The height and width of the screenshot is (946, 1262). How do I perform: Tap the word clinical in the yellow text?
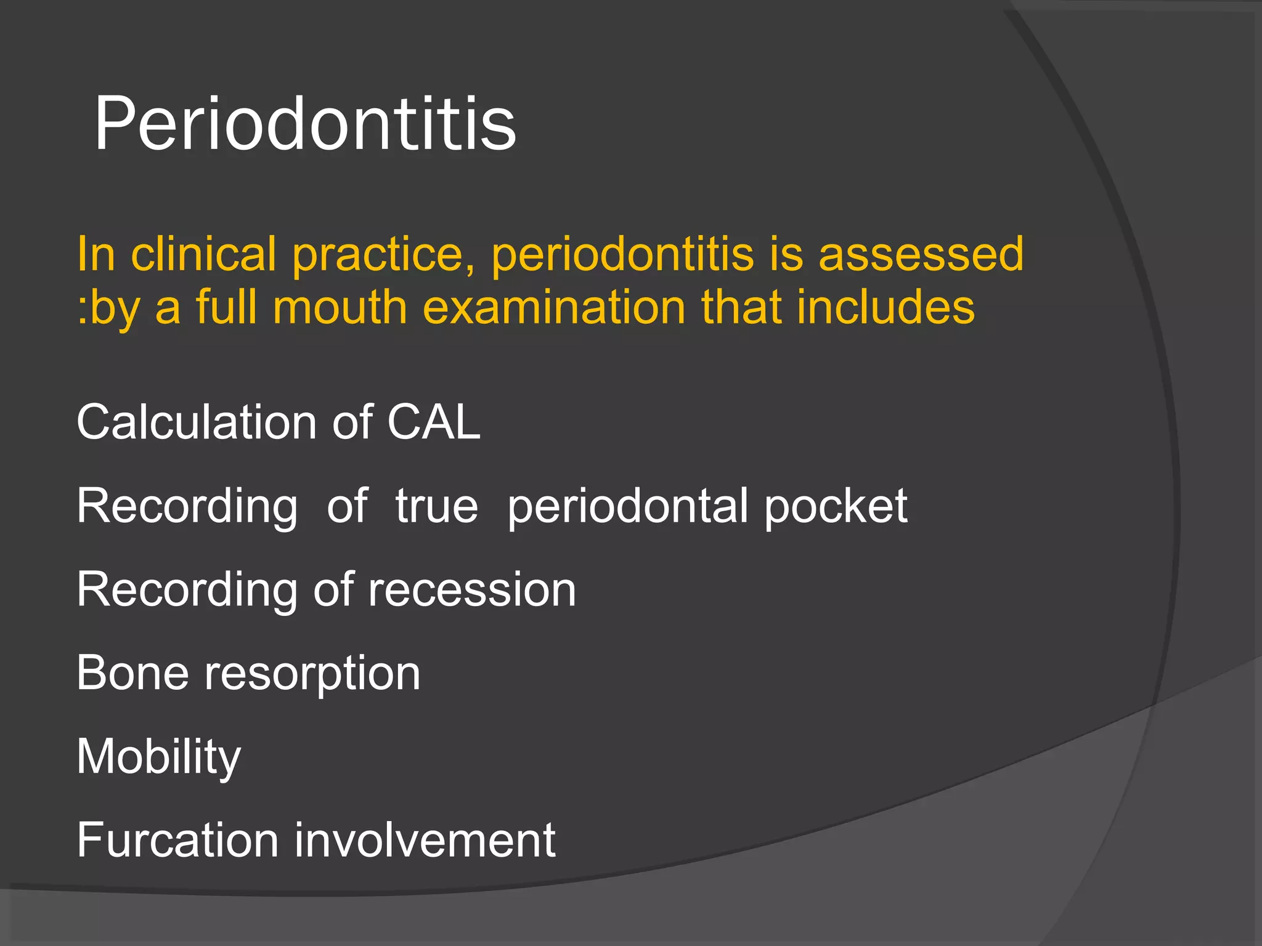point(203,254)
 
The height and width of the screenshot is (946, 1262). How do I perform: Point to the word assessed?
point(921,254)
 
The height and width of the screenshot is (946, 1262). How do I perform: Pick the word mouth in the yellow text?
point(340,307)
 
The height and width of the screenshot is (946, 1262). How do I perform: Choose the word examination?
point(554,307)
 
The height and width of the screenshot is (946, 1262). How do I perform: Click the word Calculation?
point(197,422)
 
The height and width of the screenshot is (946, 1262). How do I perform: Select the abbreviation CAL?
point(434,422)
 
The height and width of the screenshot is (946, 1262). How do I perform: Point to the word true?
point(437,506)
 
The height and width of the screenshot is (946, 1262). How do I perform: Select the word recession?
point(472,589)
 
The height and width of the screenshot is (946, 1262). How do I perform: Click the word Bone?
point(132,673)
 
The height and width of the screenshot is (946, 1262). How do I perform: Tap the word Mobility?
point(159,756)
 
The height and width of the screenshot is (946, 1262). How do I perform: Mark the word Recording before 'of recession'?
point(187,591)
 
